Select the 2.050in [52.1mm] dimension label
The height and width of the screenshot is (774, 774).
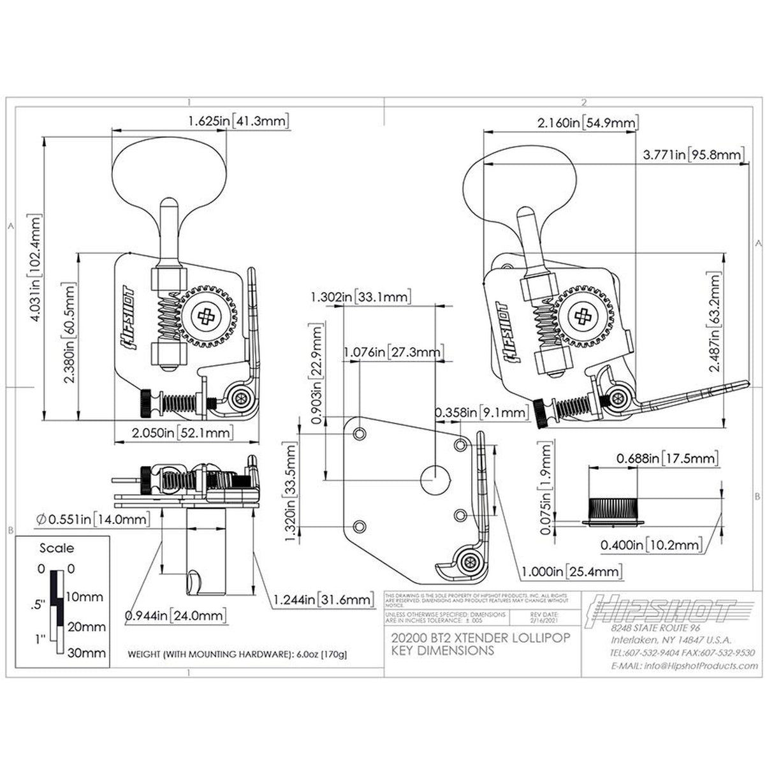point(181,433)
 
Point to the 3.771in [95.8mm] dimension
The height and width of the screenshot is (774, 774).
point(692,155)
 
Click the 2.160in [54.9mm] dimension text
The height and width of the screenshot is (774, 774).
point(587,122)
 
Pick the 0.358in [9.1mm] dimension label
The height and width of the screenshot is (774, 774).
point(481,413)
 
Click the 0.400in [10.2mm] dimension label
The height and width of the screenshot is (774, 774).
point(651,545)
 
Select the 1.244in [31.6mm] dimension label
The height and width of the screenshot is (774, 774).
point(323,599)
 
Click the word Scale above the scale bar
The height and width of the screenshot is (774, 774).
point(56,548)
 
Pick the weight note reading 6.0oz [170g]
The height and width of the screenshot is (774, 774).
point(237,655)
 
